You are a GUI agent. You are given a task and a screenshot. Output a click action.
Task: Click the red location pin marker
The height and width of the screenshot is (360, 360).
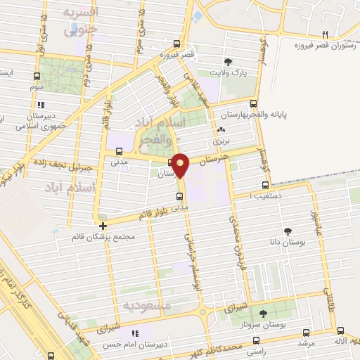[x=181, y=165]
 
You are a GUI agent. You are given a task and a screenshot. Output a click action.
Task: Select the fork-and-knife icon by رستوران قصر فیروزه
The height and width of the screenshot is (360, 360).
[x=325, y=34]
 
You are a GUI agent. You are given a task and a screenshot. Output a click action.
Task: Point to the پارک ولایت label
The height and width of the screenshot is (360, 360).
[x=227, y=72]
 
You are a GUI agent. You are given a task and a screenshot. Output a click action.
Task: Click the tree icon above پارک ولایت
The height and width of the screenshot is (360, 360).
[x=227, y=61]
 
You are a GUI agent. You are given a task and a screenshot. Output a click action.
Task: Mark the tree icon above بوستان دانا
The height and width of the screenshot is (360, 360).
[x=288, y=231]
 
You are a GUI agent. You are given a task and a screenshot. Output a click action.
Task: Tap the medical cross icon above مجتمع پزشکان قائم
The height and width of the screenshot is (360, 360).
[x=103, y=226]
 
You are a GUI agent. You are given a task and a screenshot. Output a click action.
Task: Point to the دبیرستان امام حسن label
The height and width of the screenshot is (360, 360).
[x=139, y=344]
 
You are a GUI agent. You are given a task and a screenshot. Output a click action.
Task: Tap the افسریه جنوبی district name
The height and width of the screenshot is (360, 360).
[x=80, y=22]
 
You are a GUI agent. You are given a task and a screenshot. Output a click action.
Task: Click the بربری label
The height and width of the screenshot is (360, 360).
[x=221, y=140]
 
